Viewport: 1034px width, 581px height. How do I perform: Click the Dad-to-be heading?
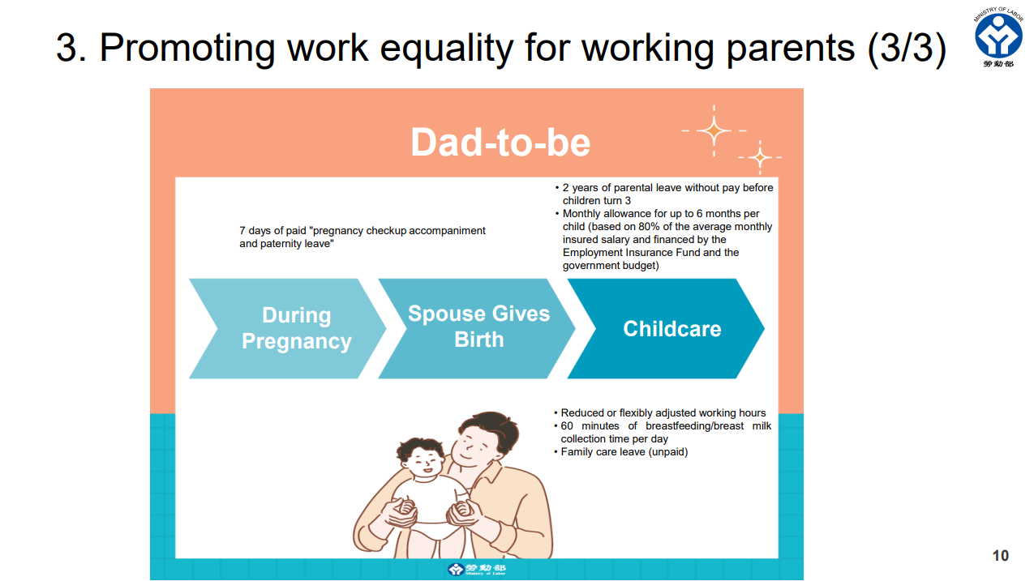tap(500, 143)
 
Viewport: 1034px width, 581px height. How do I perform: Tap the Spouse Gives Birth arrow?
tap(478, 327)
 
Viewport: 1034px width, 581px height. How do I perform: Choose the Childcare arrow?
tap(671, 329)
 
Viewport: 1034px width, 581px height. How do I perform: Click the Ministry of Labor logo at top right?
tap(998, 36)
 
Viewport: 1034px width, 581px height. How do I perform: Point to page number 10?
tap(1000, 555)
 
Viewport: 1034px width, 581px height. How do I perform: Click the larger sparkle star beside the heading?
tap(714, 130)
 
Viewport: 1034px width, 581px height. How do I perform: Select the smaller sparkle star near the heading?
tap(760, 157)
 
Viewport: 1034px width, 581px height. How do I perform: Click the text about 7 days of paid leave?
tap(362, 237)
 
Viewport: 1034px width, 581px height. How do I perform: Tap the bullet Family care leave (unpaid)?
tap(623, 452)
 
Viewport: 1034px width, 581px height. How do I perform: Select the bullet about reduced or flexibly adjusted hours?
tap(662, 413)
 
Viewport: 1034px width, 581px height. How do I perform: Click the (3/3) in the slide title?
tap(906, 48)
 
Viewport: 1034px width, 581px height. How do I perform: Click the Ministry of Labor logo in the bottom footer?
tap(476, 570)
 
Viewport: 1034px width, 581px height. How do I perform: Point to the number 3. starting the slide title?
tap(71, 48)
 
